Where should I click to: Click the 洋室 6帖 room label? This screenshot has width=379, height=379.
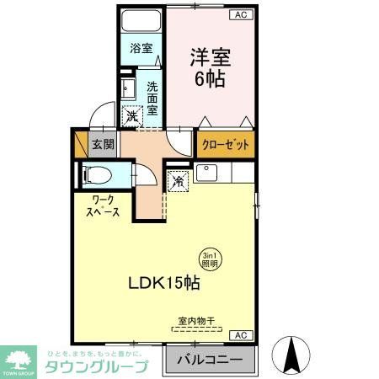coord(211,68)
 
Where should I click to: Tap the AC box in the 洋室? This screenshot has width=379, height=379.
coord(241,15)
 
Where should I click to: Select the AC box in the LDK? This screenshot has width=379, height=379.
coord(240,334)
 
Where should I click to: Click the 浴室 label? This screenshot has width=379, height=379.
coord(141,49)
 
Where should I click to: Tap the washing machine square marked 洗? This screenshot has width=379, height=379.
coord(133,117)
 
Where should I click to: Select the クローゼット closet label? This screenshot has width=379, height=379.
coord(226,145)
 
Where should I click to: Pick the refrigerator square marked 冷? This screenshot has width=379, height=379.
coord(179,179)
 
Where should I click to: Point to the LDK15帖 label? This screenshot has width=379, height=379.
coord(164,284)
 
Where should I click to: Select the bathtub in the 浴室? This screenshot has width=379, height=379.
coord(141,23)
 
